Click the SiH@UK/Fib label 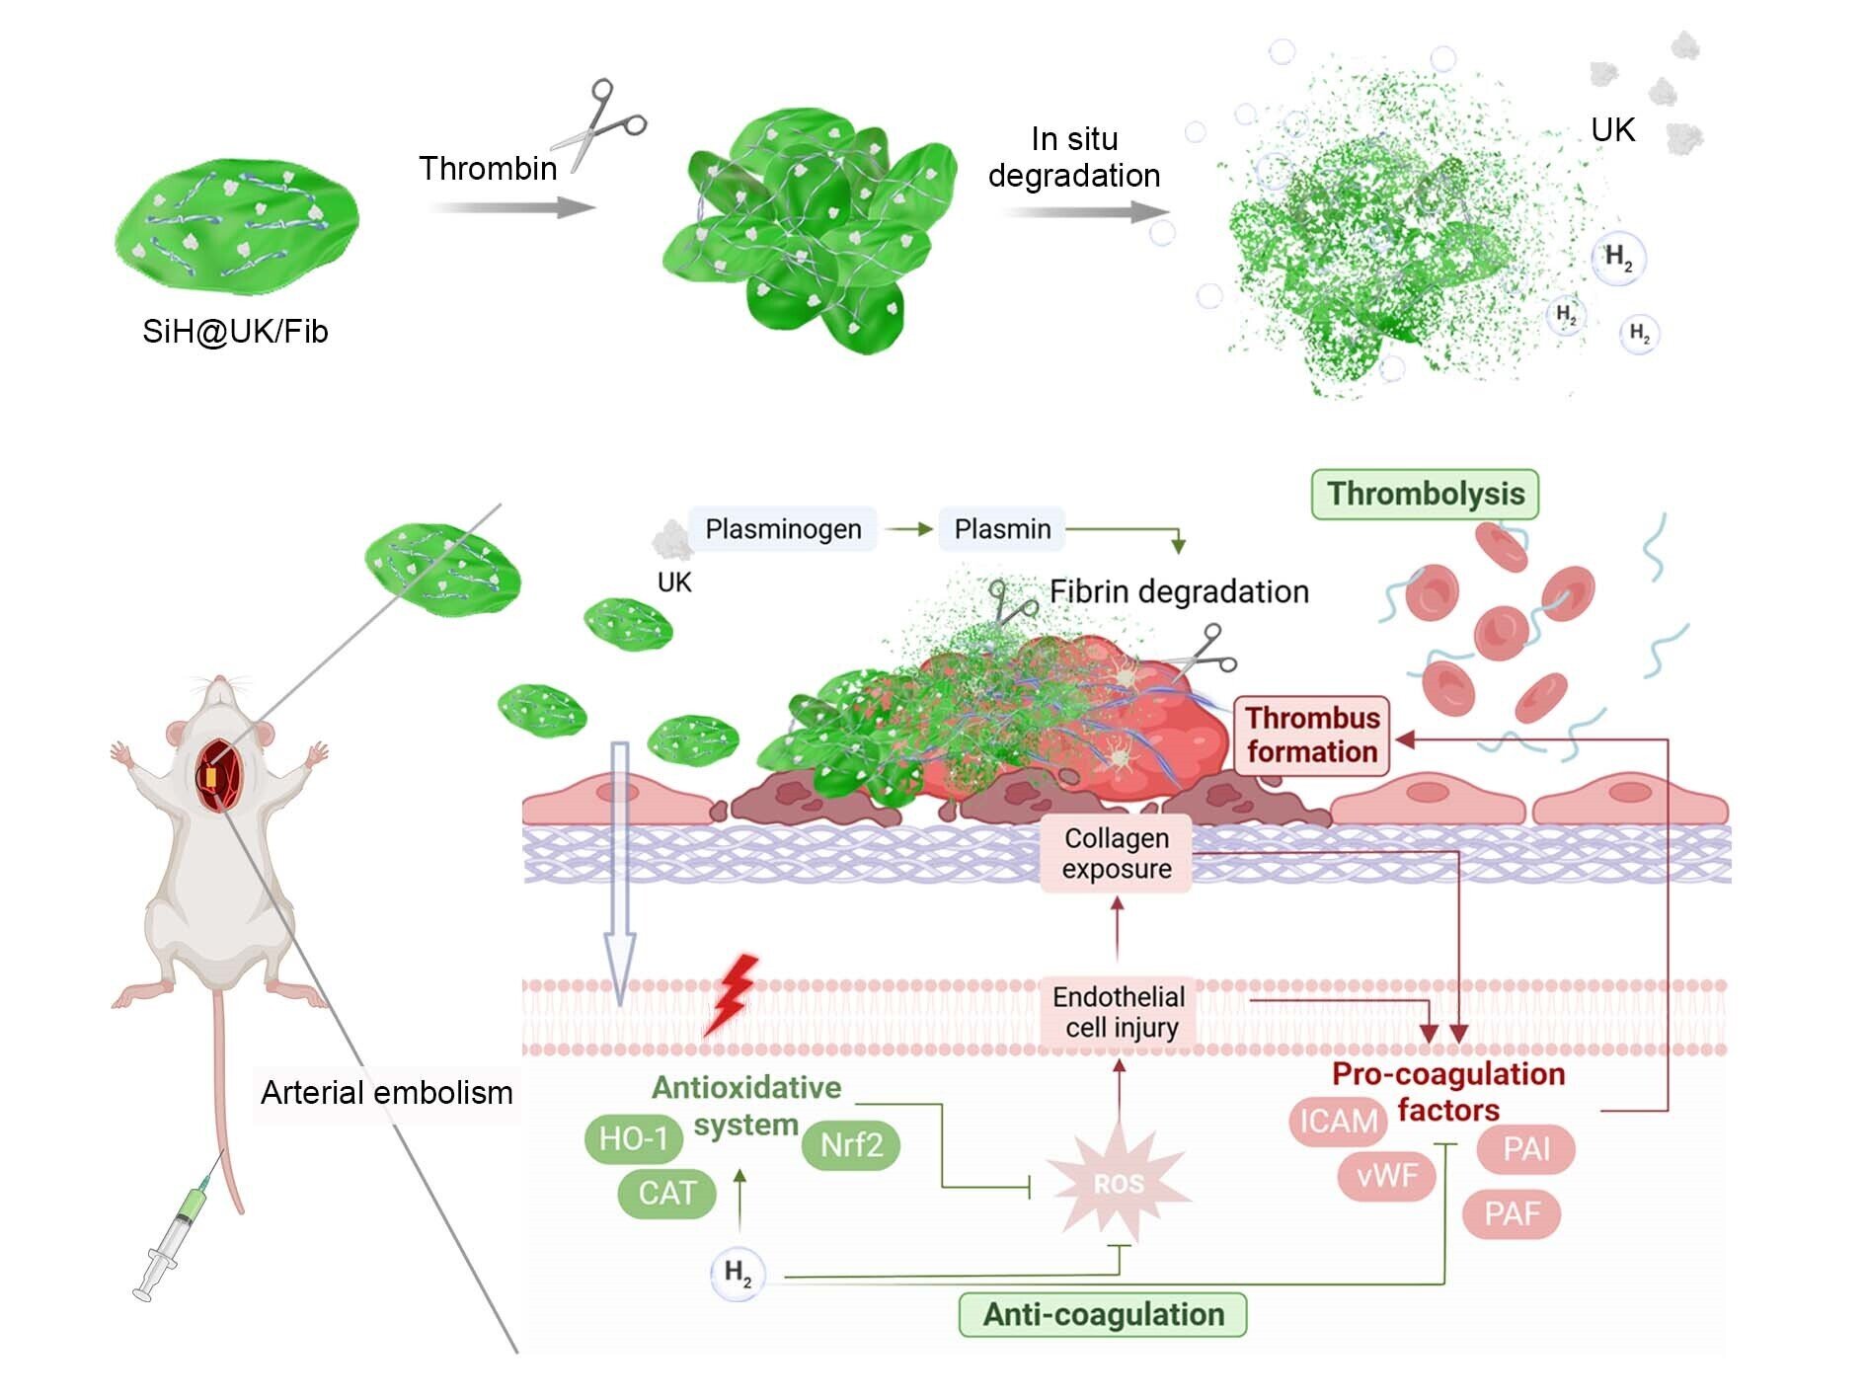235,332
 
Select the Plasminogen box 783,529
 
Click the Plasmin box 1002,529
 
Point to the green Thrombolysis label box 1425,494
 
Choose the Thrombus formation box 1312,735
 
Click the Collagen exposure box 1117,853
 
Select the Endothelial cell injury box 1119,1012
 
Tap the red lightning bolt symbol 732,993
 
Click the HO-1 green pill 634,1138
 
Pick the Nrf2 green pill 851,1144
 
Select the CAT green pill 666,1193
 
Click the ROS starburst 1119,1183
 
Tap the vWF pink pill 1387,1175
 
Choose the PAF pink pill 1512,1212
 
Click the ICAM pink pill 1338,1122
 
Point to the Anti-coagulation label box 1103,1315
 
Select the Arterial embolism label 386,1093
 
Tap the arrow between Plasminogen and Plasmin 908,529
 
